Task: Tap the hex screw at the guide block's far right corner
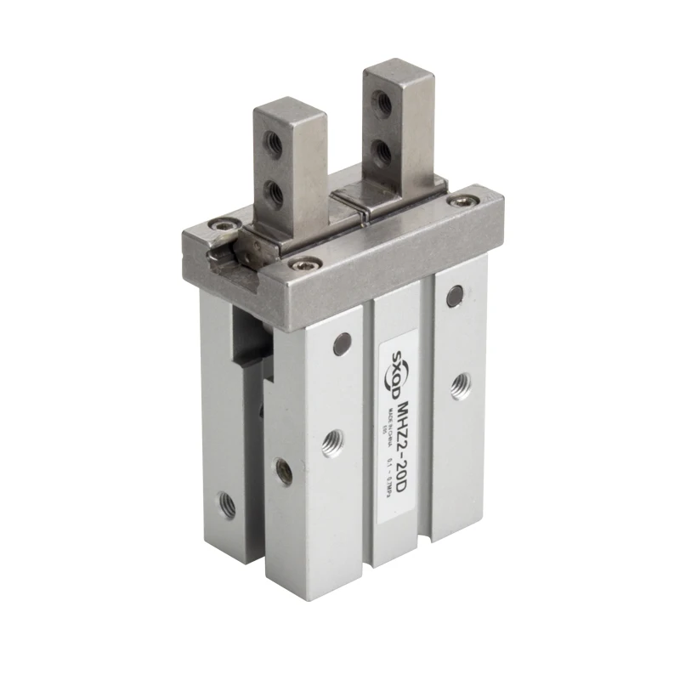click(x=460, y=201)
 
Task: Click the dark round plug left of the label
click(x=341, y=343)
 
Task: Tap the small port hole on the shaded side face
click(x=284, y=471)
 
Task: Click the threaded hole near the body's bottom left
click(x=226, y=505)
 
